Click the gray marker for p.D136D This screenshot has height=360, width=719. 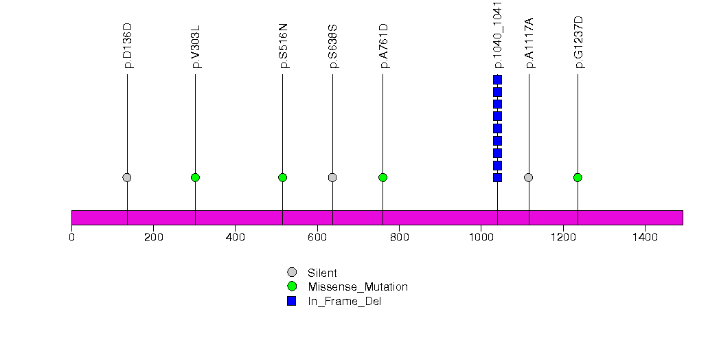point(127,177)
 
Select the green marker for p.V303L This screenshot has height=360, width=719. point(195,177)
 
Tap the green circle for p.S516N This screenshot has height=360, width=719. point(282,177)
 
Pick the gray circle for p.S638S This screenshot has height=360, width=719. point(332,177)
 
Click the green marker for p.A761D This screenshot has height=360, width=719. point(383,177)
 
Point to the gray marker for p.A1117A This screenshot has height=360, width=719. point(529,177)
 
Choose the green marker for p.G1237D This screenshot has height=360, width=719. point(578,177)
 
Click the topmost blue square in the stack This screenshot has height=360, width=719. point(497,80)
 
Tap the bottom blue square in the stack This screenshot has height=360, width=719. point(497,177)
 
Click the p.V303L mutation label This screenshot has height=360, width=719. point(196,47)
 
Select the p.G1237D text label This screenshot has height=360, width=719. point(579,42)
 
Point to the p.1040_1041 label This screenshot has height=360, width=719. point(498,35)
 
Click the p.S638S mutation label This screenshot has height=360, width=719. point(333,47)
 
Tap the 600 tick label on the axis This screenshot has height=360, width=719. point(317,237)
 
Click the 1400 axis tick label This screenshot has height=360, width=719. point(645,237)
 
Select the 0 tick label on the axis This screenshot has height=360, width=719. point(71,237)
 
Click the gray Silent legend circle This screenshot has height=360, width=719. point(292,273)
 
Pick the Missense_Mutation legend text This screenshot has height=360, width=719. point(358,287)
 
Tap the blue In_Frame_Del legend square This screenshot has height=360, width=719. point(292,301)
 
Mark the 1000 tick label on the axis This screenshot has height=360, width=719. point(481,237)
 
